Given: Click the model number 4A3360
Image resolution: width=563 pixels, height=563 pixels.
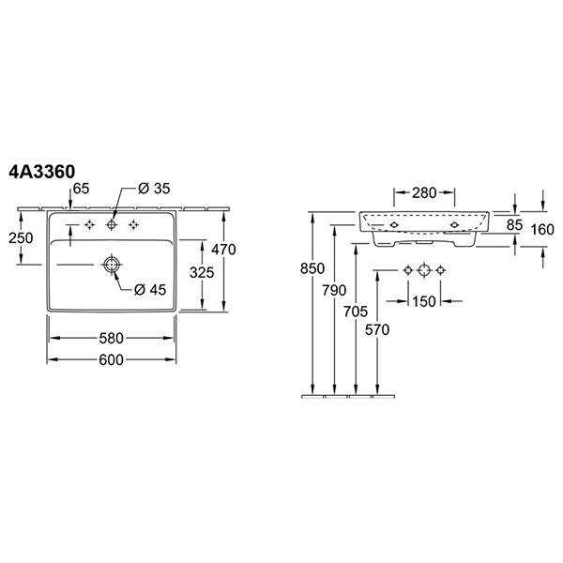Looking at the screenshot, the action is click(42, 172).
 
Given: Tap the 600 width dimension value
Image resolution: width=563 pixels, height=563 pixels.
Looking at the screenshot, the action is click(112, 359).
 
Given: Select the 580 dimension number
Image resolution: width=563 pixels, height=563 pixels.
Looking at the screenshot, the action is click(112, 338).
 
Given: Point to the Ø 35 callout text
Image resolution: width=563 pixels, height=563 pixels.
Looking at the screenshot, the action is click(154, 189).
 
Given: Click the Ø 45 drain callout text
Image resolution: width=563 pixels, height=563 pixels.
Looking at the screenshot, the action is click(150, 289).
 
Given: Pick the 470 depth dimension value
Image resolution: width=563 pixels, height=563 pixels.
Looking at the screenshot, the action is click(223, 250).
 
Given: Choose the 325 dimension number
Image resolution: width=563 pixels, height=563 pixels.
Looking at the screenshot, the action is click(202, 272).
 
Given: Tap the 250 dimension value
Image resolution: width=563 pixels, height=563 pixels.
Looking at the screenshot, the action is click(21, 237).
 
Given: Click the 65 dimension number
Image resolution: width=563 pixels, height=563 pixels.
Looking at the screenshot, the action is click(81, 189).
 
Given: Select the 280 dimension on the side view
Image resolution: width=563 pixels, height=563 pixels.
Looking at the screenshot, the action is click(424, 193).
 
